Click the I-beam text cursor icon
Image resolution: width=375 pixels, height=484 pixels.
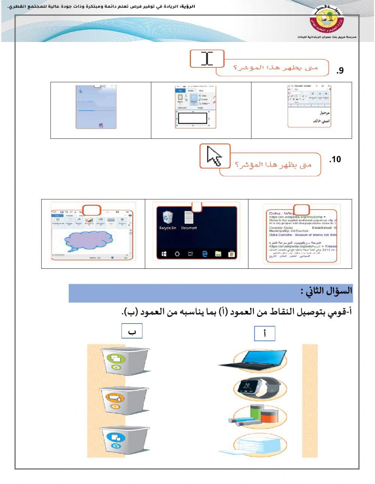pos(207,59)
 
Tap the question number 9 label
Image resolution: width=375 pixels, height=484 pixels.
pos(339,70)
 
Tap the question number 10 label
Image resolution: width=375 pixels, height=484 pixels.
pos(335,160)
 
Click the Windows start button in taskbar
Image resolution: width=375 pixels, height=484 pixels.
pos(164,254)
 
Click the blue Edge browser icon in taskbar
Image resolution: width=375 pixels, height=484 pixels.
pos(205,254)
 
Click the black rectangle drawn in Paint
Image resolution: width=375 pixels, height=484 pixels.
pos(193,118)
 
